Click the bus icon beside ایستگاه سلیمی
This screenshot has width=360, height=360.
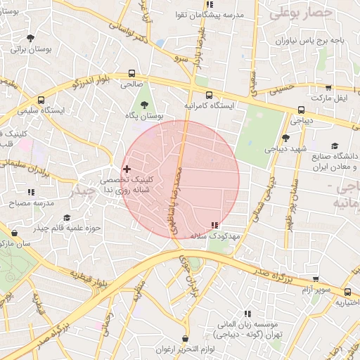point(41,100)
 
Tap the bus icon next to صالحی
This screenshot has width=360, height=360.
point(132,73)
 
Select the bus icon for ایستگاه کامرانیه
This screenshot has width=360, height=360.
point(208,94)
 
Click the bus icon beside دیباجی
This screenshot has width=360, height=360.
point(301,110)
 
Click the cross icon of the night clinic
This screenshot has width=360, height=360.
point(127,169)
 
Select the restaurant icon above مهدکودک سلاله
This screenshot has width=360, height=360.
point(214,225)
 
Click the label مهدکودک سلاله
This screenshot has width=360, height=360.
point(215,236)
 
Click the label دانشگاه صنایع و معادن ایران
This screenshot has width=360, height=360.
point(326,161)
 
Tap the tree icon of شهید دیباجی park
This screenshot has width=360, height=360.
point(285,138)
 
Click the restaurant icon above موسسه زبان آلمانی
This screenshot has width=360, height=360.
point(247,313)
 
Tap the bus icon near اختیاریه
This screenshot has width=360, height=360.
point(347,292)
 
